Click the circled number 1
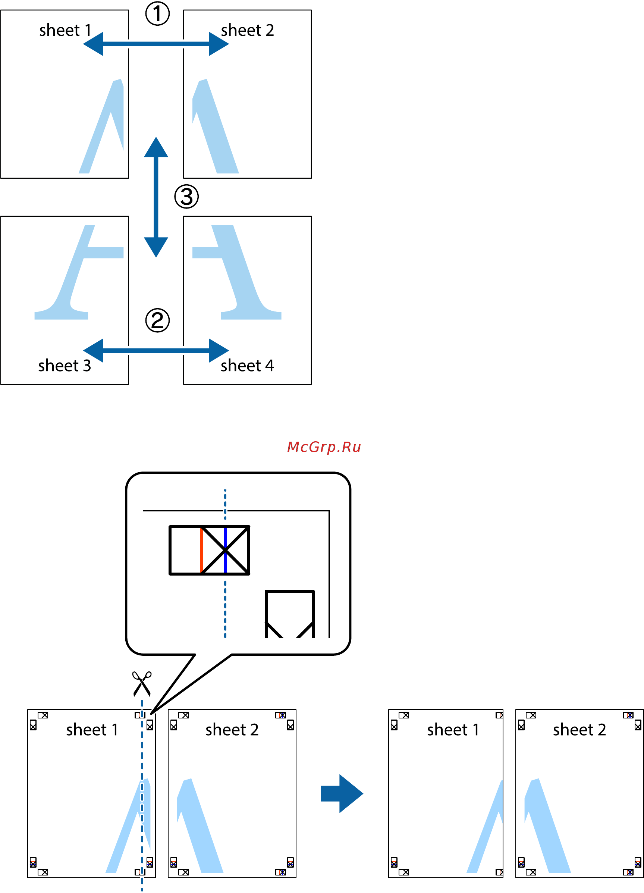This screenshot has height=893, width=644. point(157,13)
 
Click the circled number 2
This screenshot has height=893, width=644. point(157,320)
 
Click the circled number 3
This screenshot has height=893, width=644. point(186,197)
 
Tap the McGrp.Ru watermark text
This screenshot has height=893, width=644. point(324,447)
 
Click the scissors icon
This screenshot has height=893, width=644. point(142,684)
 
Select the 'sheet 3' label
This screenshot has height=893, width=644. point(65,366)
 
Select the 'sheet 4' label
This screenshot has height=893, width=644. point(247,366)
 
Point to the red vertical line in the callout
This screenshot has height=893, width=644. point(201,550)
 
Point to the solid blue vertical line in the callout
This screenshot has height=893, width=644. point(225,550)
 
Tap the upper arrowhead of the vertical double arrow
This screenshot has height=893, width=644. point(156,148)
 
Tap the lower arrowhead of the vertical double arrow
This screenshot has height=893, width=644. point(156,247)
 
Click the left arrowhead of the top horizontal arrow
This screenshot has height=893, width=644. point(94,44)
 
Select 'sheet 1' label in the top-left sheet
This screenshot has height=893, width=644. point(65,30)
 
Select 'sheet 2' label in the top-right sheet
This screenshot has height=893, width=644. point(247,30)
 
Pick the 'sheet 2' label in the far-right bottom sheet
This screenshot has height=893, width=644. point(579,730)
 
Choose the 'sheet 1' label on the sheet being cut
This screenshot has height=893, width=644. point(92,730)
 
